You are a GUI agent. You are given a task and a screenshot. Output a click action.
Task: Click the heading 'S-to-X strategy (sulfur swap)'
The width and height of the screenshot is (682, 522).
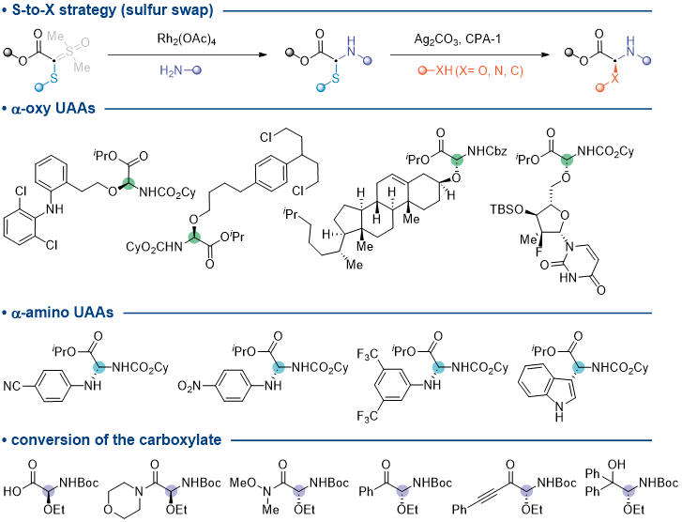point(113,10)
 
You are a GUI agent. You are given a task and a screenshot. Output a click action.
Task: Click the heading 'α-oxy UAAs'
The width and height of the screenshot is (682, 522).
point(53,109)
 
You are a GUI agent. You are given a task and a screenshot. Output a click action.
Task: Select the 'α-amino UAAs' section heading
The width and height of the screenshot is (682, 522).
point(63,313)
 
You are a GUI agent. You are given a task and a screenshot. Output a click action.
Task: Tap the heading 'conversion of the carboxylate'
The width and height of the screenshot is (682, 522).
point(116,439)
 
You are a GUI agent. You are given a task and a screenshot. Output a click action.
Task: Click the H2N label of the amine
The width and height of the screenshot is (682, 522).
point(171,70)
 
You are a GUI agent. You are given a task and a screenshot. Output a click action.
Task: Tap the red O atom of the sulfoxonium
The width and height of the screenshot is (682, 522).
point(85,43)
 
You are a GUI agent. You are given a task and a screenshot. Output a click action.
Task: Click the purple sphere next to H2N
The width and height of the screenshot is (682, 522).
point(197,70)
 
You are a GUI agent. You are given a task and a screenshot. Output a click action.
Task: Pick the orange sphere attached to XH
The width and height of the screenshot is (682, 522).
point(422,70)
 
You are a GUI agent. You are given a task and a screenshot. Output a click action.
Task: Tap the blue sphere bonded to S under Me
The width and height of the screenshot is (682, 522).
point(38,87)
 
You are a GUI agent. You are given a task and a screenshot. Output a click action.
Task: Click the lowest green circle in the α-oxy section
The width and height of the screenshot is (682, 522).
point(194,238)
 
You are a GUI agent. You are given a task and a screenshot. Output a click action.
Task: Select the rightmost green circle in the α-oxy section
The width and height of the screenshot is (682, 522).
point(567,160)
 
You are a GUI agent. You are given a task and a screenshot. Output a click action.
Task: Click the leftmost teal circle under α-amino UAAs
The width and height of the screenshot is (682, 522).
point(99,367)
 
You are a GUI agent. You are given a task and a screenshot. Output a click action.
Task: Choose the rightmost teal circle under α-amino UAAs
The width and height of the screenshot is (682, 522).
point(579,367)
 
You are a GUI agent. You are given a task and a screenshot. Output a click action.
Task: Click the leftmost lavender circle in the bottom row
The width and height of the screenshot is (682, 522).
point(49,491)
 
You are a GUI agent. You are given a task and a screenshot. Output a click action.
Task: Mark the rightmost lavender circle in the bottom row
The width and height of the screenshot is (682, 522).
point(629,491)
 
